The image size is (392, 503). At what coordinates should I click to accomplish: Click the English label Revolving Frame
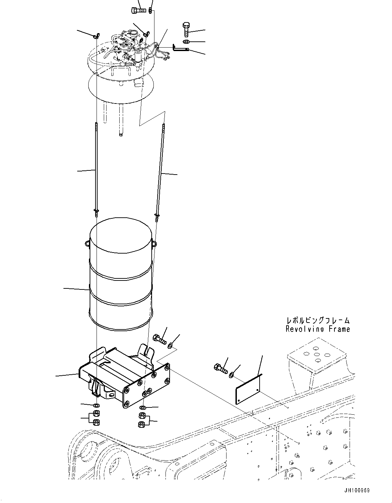[318, 329]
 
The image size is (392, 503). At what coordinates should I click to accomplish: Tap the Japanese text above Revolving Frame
[318, 321]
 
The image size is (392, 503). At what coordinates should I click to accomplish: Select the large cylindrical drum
[121, 276]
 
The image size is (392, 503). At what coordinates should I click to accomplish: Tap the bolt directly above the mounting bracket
[159, 339]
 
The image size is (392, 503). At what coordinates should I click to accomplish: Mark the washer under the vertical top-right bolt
[186, 42]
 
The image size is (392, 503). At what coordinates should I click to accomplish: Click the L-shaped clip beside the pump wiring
[180, 49]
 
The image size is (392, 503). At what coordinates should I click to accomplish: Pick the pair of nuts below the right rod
[142, 420]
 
